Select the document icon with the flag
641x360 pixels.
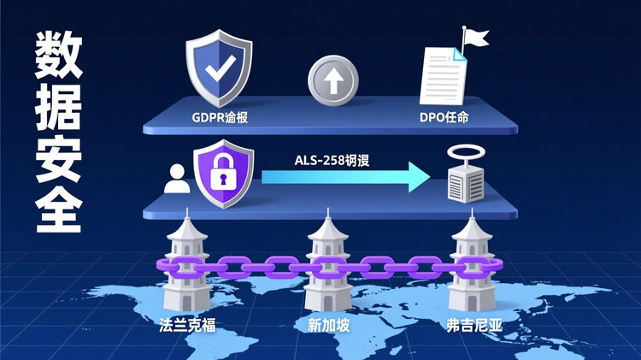446,76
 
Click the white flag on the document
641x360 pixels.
475,38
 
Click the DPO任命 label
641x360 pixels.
444,117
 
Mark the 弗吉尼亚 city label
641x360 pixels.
470,325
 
